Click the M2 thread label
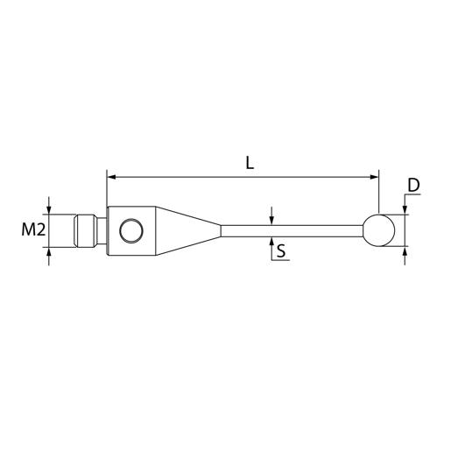(x=32, y=230)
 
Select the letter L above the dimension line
(x=250, y=164)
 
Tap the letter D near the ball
(x=414, y=186)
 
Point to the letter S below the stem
(x=281, y=252)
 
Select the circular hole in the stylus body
(x=130, y=230)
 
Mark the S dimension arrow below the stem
(x=272, y=241)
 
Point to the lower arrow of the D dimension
(x=405, y=251)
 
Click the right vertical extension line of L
(x=380, y=193)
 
